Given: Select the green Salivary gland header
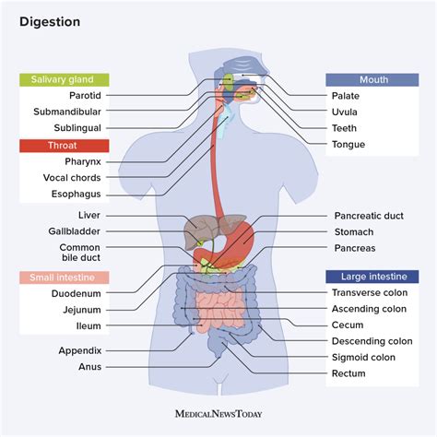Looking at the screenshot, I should [x=64, y=80].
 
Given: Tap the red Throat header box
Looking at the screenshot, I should [x=64, y=145].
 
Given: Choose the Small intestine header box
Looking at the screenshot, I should [x=64, y=277].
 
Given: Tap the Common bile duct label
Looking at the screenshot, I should [x=81, y=254].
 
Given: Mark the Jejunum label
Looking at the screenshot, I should [x=82, y=310].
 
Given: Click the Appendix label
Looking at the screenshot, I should [x=80, y=350].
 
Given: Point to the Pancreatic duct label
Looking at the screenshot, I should [x=369, y=216].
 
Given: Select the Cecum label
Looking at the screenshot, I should [x=348, y=325].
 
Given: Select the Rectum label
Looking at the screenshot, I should [x=348, y=373].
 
